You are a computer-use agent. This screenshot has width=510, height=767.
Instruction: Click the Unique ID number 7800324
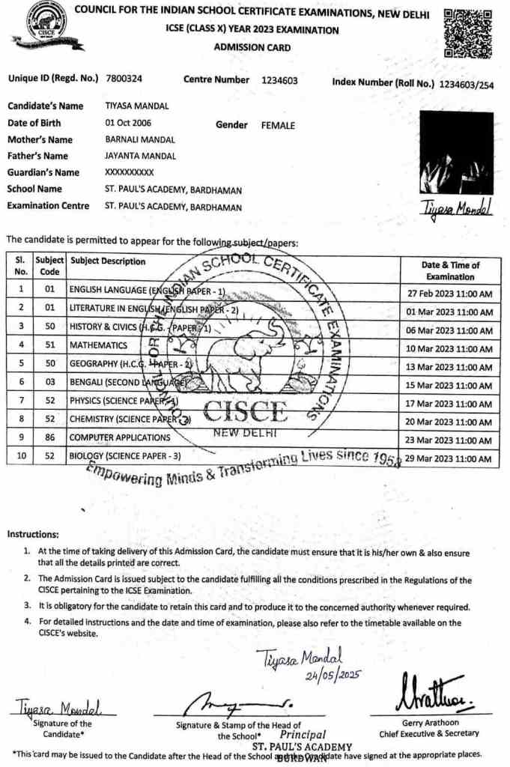125,79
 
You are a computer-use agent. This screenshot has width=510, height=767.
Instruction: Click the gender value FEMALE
278,126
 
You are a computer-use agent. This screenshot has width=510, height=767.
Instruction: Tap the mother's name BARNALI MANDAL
140,139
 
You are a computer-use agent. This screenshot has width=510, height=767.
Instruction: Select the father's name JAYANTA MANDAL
140,156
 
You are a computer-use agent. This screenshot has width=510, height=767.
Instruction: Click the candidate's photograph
456,153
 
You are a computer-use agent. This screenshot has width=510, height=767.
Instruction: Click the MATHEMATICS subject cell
98,345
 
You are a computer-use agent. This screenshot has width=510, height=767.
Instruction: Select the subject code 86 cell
50,437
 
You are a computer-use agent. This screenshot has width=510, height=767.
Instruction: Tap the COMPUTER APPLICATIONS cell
120,437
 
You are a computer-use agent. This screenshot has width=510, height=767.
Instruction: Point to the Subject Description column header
108,261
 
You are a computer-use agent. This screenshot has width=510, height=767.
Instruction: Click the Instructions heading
33,534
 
